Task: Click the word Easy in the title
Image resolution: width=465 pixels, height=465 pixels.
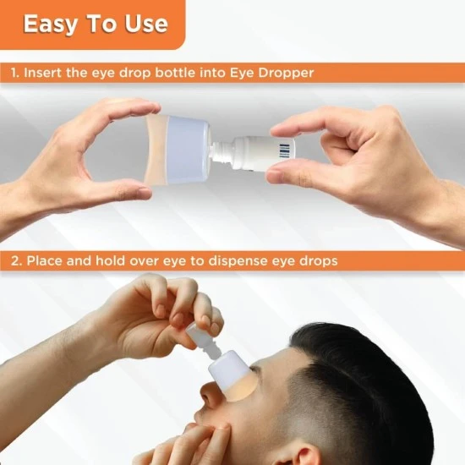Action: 50,25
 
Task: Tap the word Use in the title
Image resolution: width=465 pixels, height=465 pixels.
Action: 146,24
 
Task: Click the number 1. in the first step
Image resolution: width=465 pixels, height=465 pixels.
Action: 15,73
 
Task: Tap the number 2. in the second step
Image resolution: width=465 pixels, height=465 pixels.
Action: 17,261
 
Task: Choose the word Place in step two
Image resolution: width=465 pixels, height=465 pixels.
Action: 44,261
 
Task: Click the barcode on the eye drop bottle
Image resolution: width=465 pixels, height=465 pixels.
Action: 284,150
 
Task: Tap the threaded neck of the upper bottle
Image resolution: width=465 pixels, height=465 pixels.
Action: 221,150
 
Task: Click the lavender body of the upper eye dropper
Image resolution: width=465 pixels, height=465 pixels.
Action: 188,150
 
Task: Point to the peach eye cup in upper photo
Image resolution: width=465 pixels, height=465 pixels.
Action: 156,149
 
